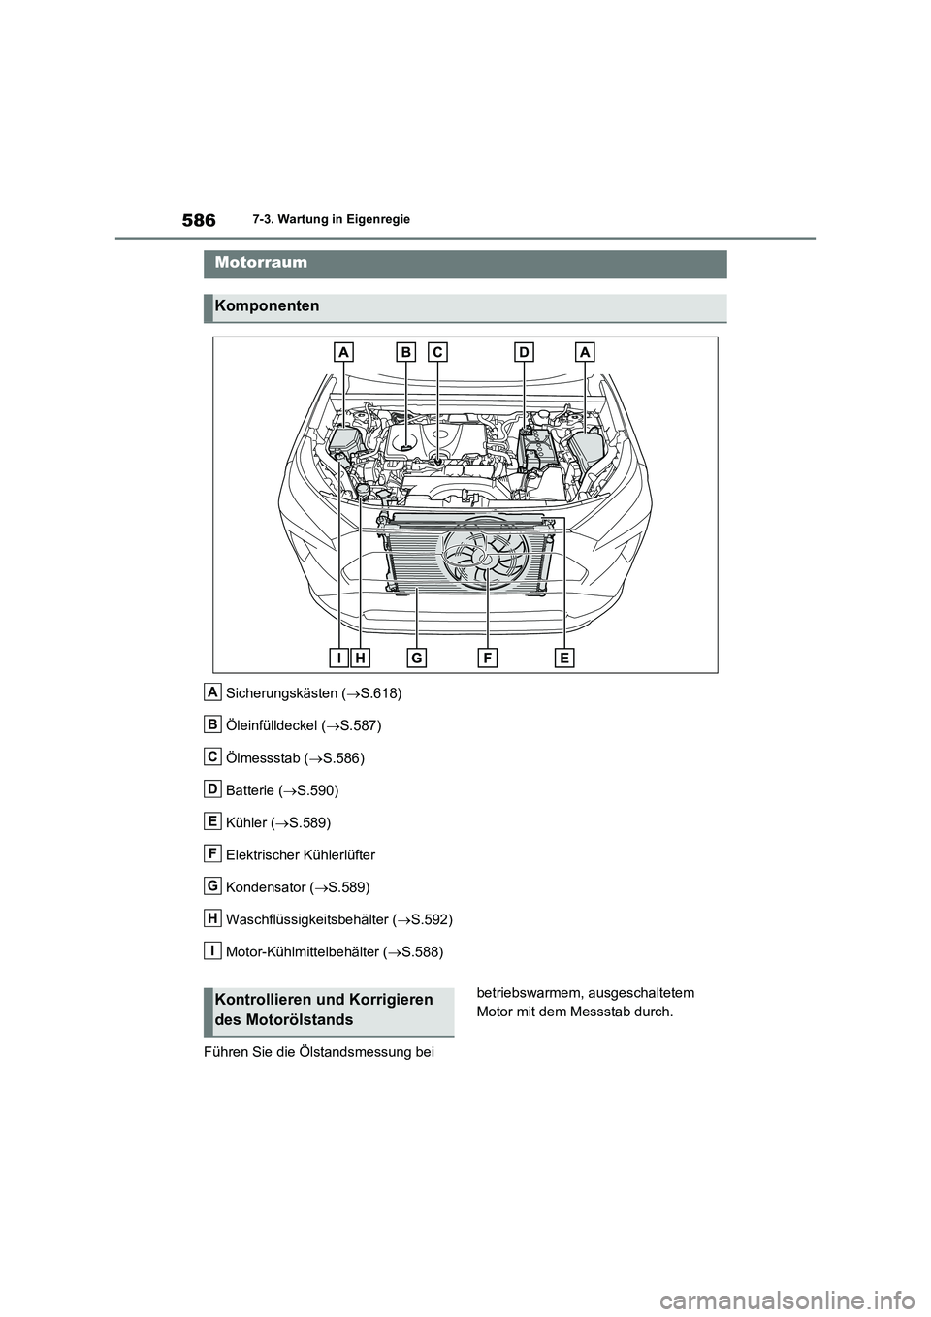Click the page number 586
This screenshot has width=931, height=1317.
(x=198, y=221)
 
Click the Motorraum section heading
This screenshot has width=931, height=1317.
(x=262, y=263)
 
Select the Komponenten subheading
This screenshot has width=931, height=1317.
(x=267, y=306)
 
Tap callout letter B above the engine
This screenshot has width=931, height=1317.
(x=404, y=353)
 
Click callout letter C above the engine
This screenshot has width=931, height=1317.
(x=437, y=353)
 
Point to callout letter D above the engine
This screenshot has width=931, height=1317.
(x=525, y=353)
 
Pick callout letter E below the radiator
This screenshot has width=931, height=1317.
(x=564, y=658)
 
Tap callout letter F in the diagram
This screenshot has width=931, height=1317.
(x=487, y=658)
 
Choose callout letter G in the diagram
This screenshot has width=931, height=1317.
(x=416, y=658)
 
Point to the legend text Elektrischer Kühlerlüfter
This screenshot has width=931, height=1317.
(x=300, y=855)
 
